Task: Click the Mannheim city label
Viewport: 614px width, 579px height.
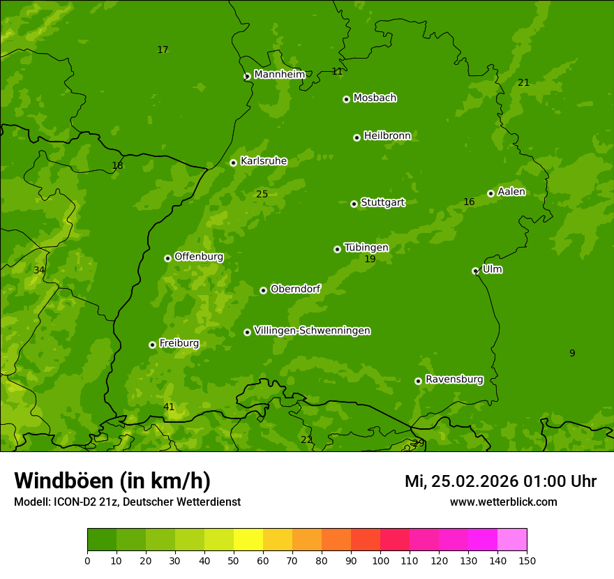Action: tap(279, 74)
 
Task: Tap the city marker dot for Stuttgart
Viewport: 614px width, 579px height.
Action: tap(354, 204)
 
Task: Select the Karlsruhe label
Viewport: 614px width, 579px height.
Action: tap(263, 161)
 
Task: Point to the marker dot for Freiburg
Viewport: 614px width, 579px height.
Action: tap(152, 345)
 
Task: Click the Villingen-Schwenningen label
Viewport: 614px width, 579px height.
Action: tap(312, 331)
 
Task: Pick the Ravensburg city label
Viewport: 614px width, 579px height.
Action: tap(454, 379)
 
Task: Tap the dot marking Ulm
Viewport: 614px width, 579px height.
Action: tap(475, 271)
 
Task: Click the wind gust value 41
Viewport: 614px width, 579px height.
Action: tap(169, 407)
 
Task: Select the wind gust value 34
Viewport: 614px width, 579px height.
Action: tap(39, 270)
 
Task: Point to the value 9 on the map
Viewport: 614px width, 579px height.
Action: tap(572, 353)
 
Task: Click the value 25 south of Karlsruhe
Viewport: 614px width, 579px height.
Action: tap(262, 194)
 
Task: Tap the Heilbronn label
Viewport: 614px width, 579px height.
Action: tap(387, 136)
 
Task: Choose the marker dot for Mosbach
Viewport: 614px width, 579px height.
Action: tap(346, 99)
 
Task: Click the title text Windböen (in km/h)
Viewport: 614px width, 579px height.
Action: tap(112, 481)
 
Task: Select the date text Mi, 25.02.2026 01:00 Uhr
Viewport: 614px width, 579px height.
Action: tap(500, 481)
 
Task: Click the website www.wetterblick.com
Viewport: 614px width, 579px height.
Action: tap(503, 502)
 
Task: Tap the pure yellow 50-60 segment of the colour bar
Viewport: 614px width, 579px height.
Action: tap(248, 540)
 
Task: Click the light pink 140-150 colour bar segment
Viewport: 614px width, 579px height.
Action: tap(512, 540)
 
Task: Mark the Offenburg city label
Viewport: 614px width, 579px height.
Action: tap(198, 257)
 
